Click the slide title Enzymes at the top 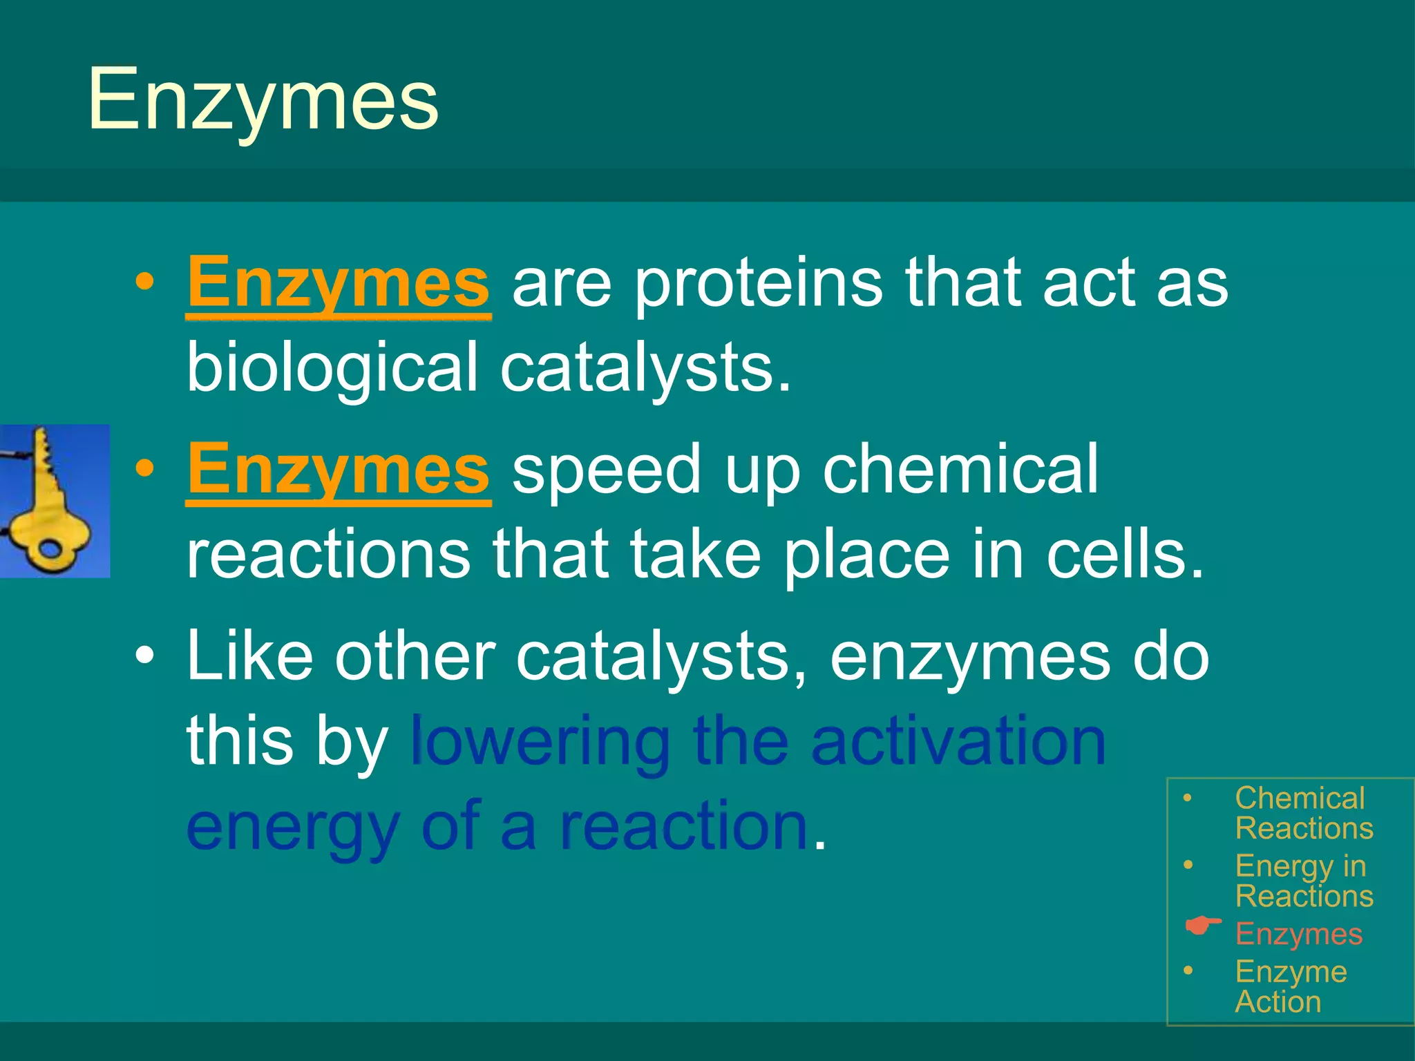(263, 100)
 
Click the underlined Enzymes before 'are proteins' (338, 283)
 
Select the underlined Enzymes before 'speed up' (338, 470)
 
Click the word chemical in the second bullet (960, 470)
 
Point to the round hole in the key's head (50, 550)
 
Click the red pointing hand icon (1202, 926)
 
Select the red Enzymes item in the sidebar (1298, 934)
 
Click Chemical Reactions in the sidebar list (1303, 813)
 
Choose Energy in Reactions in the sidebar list (1303, 881)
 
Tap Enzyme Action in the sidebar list (1290, 986)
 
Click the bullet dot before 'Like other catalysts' (144, 656)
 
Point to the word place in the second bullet (866, 555)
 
